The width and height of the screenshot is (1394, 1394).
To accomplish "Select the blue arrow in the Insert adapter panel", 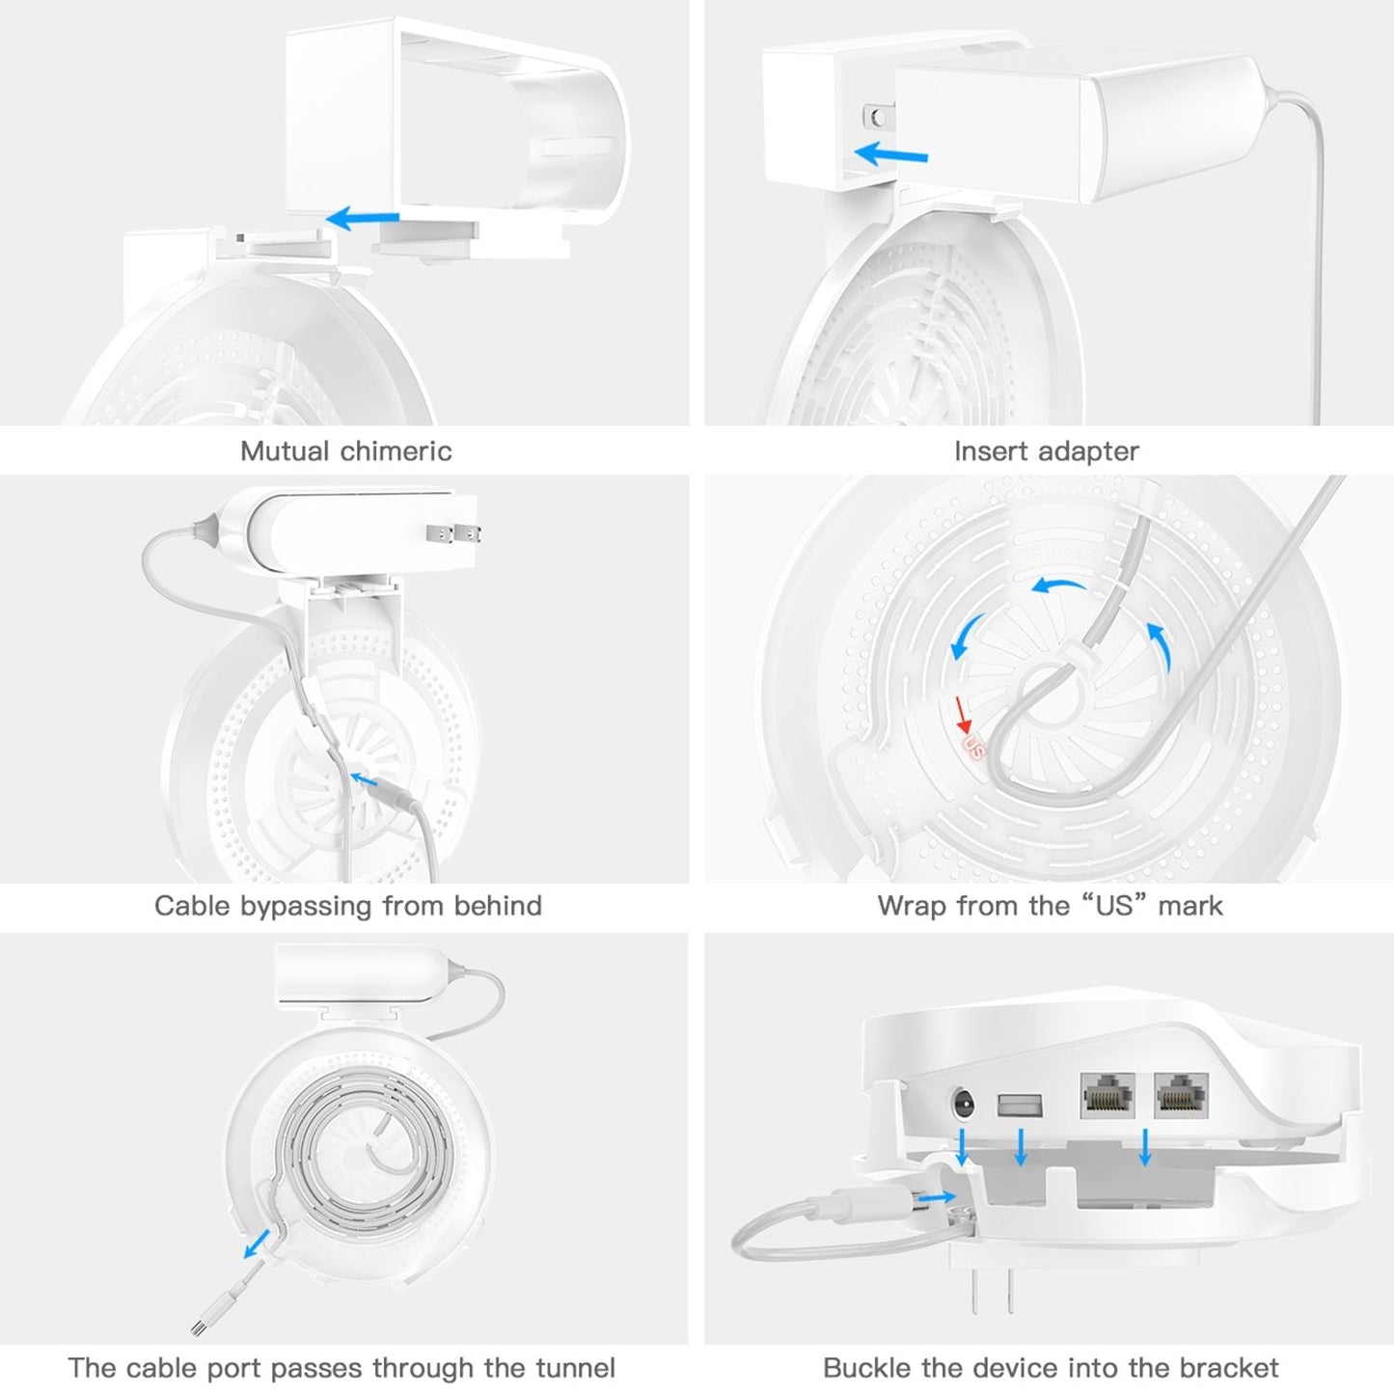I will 890,153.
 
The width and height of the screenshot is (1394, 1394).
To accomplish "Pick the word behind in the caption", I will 498,906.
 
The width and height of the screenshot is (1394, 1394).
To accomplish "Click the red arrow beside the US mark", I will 961,715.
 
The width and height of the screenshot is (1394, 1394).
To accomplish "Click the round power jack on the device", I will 962,1103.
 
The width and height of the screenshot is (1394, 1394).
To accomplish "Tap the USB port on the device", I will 1021,1102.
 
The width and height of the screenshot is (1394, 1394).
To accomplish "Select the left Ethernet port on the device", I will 1106,1095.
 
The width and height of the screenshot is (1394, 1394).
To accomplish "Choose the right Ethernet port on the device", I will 1181,1095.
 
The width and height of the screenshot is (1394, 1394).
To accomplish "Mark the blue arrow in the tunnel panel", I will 257,1244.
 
